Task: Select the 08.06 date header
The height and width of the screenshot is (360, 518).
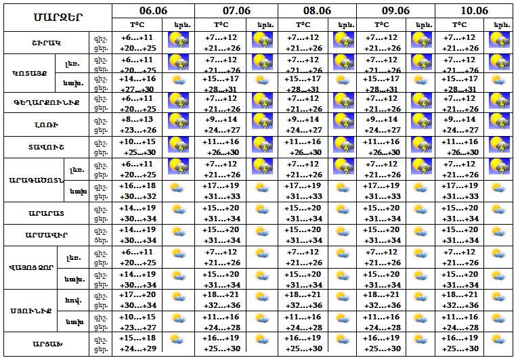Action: [x=317, y=10]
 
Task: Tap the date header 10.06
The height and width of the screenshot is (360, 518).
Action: [x=474, y=10]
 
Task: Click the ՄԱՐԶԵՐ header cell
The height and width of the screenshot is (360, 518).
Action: [x=57, y=16]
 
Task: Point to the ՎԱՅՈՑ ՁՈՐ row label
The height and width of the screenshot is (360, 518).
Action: [x=33, y=267]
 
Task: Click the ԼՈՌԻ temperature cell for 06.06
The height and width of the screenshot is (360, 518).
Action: [x=137, y=125]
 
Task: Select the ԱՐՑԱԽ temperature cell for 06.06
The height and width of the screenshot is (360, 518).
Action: [x=137, y=343]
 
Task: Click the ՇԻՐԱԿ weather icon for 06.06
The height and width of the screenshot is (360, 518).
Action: [x=179, y=42]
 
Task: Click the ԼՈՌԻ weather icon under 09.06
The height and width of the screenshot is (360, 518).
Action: [x=421, y=124]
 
